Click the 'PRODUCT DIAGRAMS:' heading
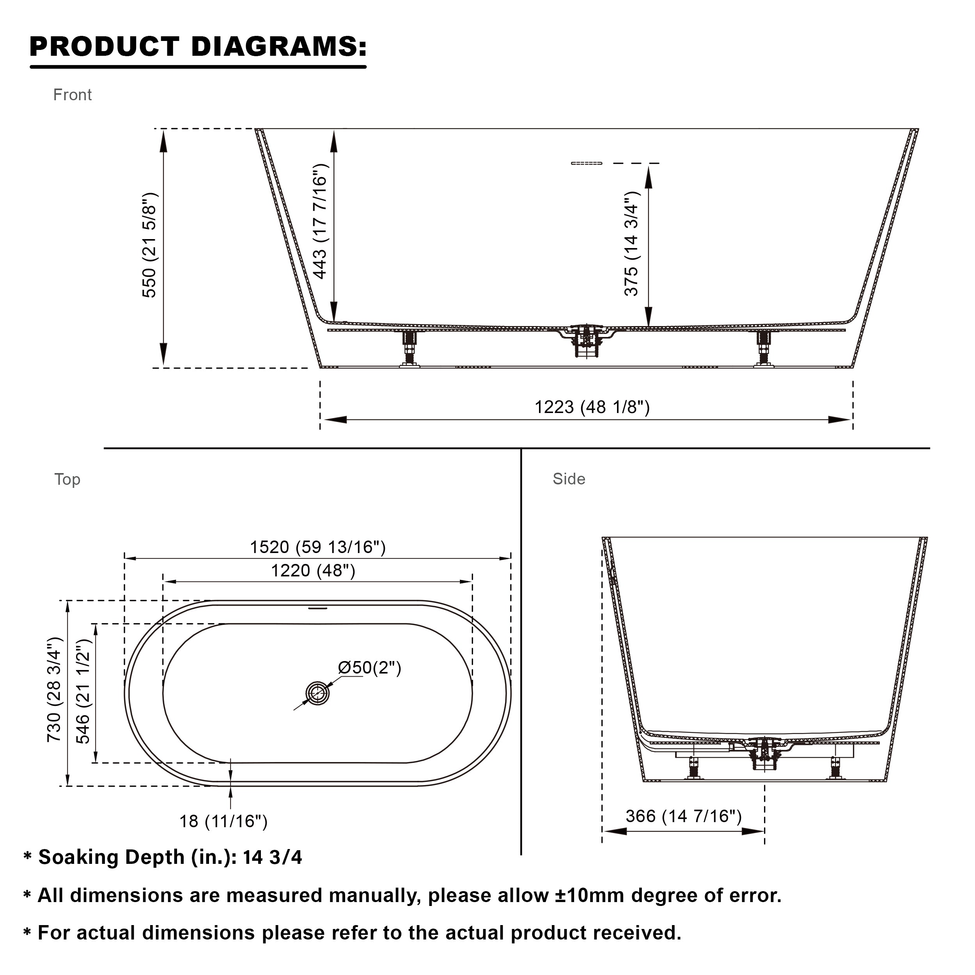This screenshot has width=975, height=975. click(x=198, y=46)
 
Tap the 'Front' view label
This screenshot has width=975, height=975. click(x=72, y=95)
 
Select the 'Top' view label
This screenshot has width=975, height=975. click(x=67, y=479)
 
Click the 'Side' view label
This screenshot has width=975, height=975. click(x=569, y=479)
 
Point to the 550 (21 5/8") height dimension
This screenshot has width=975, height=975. click(x=150, y=245)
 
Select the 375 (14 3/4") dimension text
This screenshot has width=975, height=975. click(x=631, y=243)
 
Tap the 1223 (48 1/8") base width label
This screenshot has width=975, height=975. click(x=592, y=407)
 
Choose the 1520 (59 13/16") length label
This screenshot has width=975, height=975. click(x=317, y=547)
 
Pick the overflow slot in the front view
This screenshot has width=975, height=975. click(x=587, y=163)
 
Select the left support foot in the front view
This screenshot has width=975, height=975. click(x=409, y=348)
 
